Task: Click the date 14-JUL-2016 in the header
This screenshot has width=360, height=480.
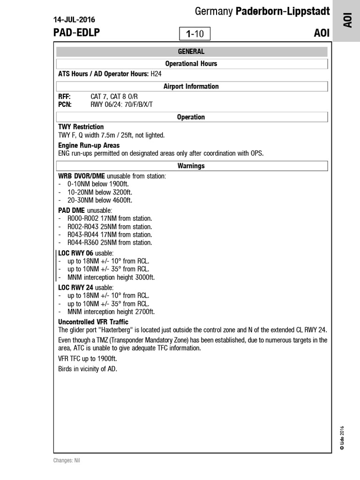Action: [74, 20]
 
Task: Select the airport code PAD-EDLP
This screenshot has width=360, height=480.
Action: [76, 33]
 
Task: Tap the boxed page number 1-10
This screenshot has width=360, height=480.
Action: [195, 34]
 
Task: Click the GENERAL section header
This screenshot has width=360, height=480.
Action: [191, 52]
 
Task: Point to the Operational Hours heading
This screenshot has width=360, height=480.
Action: [191, 63]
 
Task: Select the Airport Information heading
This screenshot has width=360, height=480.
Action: [191, 86]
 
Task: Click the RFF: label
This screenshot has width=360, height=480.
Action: [64, 97]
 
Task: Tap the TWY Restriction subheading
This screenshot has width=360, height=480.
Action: [81, 127]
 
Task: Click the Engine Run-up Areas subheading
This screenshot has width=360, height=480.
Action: [89, 145]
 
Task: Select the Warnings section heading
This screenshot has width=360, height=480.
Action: [191, 165]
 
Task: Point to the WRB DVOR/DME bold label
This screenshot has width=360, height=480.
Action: [82, 176]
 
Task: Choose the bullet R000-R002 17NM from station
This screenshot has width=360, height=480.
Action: [110, 218]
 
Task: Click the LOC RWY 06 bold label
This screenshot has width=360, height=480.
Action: [76, 253]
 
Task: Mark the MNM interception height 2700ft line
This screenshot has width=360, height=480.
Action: [111, 311]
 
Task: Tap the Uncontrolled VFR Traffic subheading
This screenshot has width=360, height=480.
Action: [93, 322]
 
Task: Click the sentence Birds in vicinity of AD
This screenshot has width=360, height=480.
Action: [87, 369]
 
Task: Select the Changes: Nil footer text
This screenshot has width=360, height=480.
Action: [67, 461]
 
